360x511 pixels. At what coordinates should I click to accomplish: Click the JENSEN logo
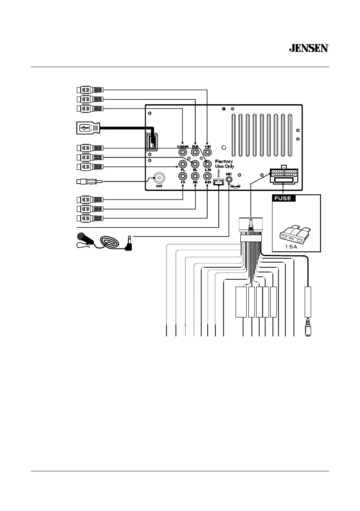click(309, 48)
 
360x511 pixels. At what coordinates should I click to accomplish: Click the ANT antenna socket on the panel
click(160, 177)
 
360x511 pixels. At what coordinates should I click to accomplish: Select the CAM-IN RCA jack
click(183, 151)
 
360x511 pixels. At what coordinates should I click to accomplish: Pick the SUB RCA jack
click(195, 151)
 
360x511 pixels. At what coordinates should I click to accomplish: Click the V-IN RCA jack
click(208, 151)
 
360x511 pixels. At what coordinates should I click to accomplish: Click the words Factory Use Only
click(224, 163)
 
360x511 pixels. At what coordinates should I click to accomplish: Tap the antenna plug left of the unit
click(88, 182)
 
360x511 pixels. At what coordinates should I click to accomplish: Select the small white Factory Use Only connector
click(218, 183)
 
